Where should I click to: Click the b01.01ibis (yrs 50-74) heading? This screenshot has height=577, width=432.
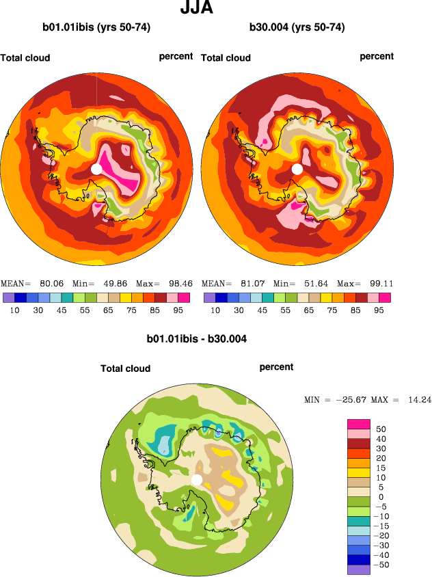96,28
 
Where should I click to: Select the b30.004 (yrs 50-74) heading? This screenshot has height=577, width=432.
297,28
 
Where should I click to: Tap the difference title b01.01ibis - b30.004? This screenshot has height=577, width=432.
197,338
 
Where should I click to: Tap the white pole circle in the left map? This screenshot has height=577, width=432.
96,169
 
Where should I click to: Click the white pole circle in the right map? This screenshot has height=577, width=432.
297,169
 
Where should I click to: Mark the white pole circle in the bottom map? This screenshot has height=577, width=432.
197,480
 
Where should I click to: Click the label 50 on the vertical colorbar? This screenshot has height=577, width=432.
381,429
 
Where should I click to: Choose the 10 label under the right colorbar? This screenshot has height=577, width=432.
215,310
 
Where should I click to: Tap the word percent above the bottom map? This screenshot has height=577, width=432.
276,367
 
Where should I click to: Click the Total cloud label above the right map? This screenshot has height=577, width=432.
226,58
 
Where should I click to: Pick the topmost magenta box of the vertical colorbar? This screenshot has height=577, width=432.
358,424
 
